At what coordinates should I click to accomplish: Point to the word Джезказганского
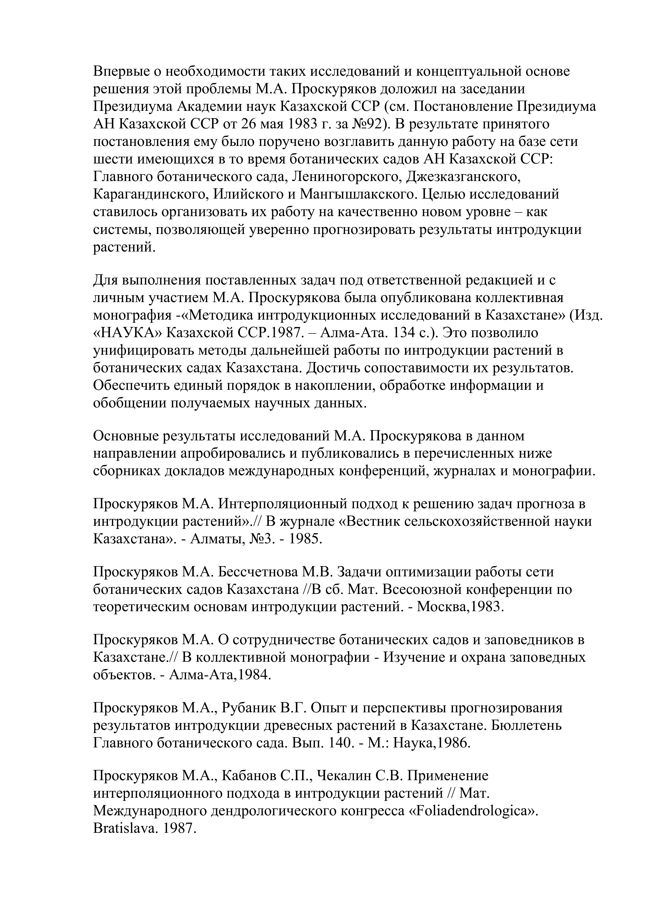pos(464,177)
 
